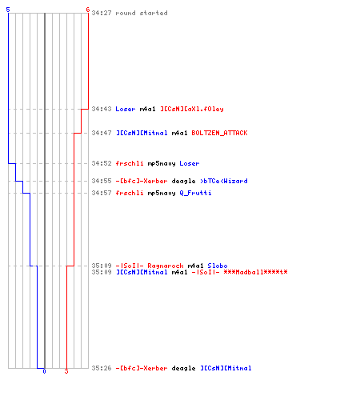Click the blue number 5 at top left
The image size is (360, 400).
click(8, 10)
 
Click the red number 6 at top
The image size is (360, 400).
click(88, 10)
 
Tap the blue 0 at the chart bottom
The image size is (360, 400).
click(44, 371)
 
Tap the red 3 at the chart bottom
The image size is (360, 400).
click(66, 371)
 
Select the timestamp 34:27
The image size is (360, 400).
click(102, 13)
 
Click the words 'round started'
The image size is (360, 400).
click(142, 13)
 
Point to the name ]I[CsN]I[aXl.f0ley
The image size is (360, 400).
click(192, 109)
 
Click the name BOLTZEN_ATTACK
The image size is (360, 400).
click(219, 133)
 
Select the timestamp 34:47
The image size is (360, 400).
click(102, 133)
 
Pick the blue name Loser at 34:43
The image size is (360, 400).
click(126, 109)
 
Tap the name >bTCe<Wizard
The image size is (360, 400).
click(224, 181)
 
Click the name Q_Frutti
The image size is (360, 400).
click(195, 193)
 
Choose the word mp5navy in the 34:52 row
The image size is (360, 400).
click(162, 163)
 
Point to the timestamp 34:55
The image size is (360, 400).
click(102, 181)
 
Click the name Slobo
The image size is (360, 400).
click(218, 266)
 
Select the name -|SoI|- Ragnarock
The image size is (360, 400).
click(150, 266)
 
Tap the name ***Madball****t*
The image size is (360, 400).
click(255, 272)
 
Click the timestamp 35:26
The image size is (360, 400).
click(102, 368)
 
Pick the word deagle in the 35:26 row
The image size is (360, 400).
click(183, 368)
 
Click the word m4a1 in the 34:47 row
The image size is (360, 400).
click(179, 133)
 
